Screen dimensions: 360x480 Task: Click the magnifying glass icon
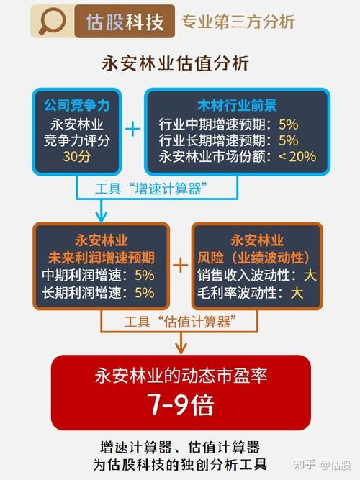click(x=52, y=21)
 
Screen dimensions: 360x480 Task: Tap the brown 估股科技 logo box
click(x=125, y=21)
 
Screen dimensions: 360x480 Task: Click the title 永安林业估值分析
click(x=175, y=63)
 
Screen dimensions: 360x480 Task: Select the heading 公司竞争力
click(x=77, y=105)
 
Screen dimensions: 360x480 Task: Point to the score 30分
click(x=77, y=156)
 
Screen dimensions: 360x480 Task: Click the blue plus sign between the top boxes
click(x=133, y=129)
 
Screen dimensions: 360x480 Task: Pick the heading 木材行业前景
click(x=237, y=105)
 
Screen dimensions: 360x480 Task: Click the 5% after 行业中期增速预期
click(x=288, y=124)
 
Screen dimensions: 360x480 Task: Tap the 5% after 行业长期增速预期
click(x=288, y=140)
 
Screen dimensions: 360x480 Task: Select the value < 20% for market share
click(x=297, y=156)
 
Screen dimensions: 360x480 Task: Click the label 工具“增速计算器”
click(x=151, y=189)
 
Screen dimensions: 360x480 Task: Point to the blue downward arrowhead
click(x=101, y=216)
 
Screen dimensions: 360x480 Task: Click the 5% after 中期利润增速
click(x=145, y=275)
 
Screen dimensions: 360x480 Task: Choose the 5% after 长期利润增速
click(x=145, y=293)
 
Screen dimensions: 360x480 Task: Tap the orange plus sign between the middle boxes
click(x=181, y=265)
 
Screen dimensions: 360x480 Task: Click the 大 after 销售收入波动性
click(x=310, y=275)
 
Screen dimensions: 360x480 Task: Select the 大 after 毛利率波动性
click(x=297, y=293)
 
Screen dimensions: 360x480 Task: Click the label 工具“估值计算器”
click(x=180, y=322)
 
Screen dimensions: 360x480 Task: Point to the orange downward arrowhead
click(x=181, y=348)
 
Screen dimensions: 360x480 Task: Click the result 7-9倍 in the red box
click(x=181, y=404)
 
